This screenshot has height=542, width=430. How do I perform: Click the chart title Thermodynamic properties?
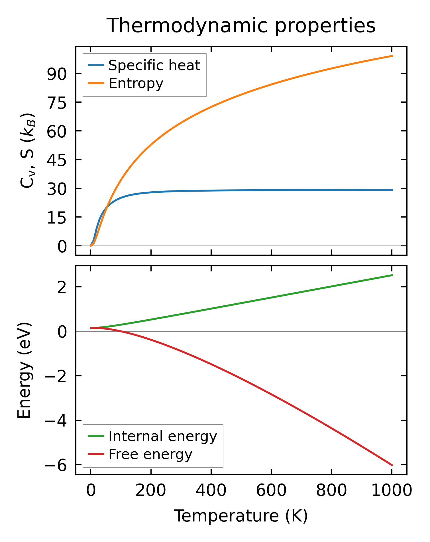[241, 26]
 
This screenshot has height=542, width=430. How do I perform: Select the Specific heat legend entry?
[154, 65]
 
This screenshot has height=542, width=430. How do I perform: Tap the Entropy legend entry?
[136, 84]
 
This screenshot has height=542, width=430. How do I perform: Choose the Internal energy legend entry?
[163, 437]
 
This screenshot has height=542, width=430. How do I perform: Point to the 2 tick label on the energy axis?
[62, 287]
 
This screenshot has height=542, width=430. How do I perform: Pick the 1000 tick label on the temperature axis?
[392, 491]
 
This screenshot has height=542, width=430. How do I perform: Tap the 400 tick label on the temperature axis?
[211, 491]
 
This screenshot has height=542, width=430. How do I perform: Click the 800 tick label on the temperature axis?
[331, 491]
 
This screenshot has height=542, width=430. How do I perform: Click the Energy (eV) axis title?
[24, 370]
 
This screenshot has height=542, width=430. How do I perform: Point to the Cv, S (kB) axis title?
[28, 151]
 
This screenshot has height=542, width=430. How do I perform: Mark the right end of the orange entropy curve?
[392, 56]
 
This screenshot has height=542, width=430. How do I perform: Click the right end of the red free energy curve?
[392, 465]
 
